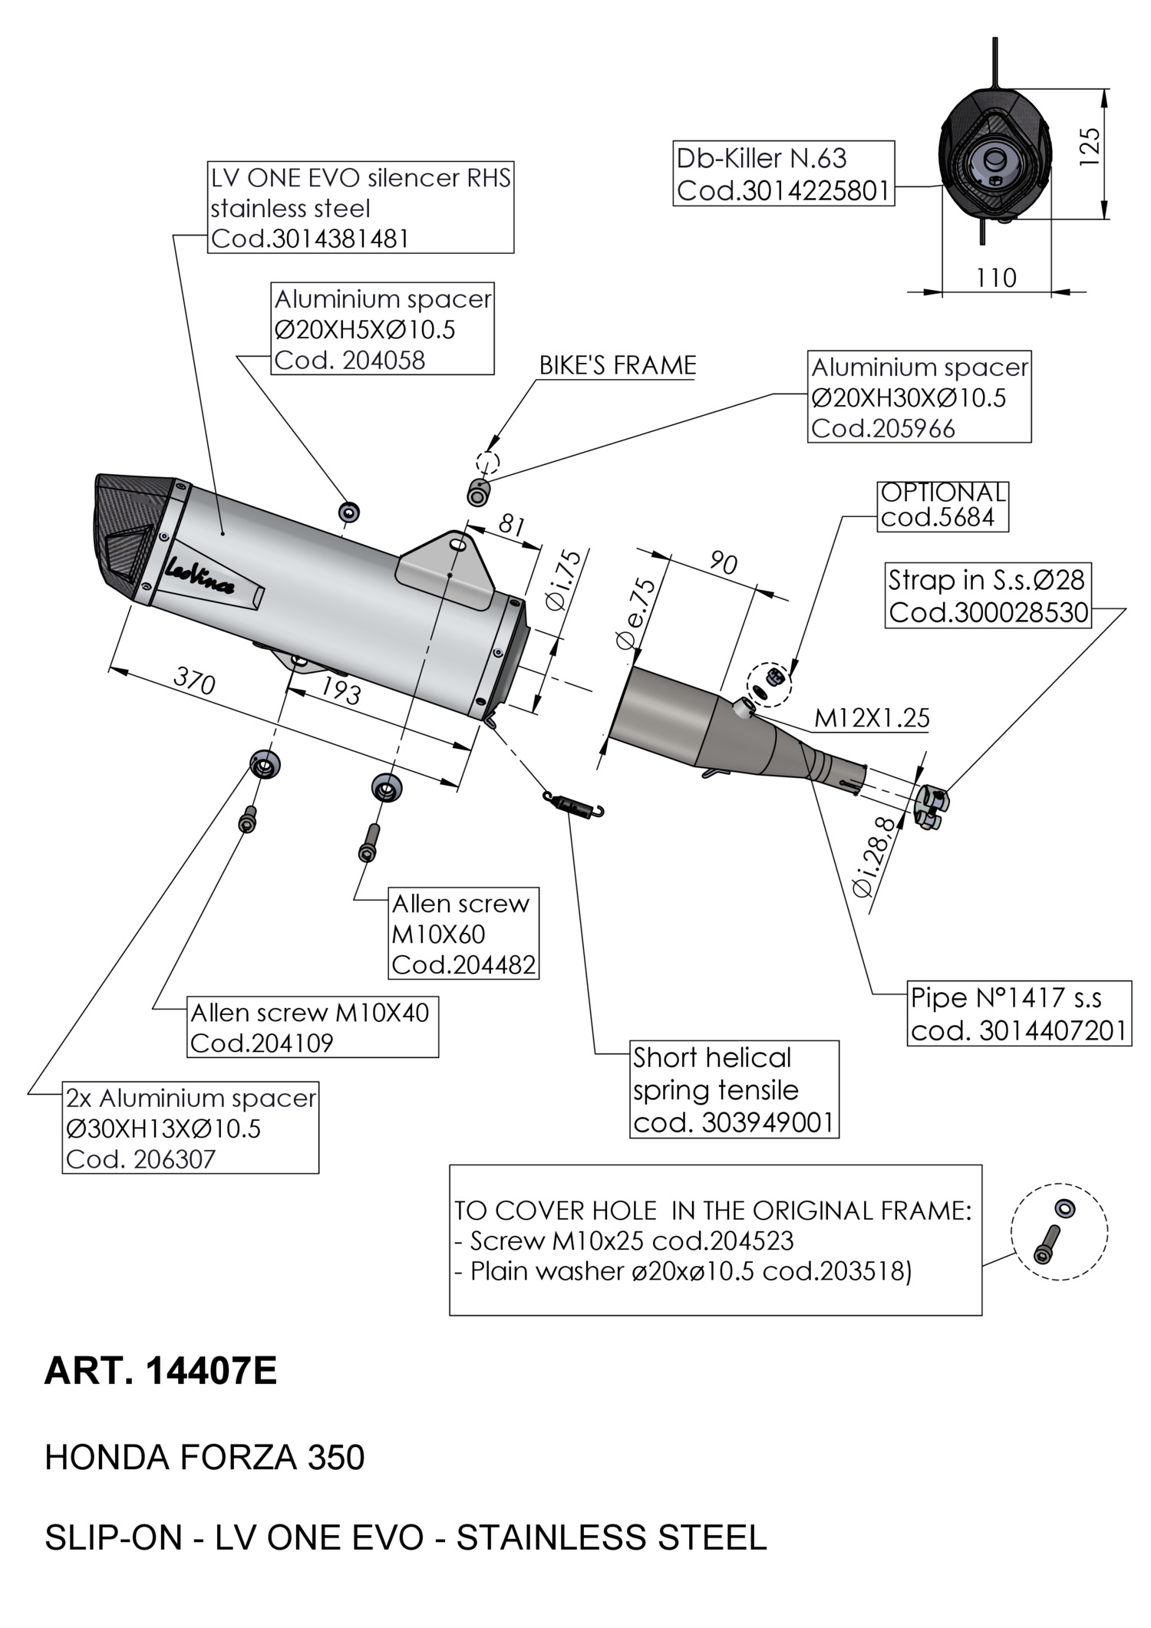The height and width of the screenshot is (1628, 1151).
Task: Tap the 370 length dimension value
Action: point(194,681)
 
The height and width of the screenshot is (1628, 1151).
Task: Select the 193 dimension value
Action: point(340,692)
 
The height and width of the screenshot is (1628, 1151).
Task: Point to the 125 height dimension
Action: point(1090,147)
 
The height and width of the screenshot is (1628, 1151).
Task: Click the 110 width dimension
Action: point(996,278)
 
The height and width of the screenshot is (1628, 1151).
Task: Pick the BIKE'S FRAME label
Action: point(618,365)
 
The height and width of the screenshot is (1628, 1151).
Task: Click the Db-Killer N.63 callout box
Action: point(784,173)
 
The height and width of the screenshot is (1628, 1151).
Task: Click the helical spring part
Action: point(574,804)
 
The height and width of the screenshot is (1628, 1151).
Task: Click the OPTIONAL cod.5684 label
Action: point(942,506)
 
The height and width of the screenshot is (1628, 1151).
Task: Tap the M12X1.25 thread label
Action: point(872,719)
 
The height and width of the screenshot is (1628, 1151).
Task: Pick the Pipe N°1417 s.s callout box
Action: point(1019,1013)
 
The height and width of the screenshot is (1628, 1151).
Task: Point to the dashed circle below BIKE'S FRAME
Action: point(487,463)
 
